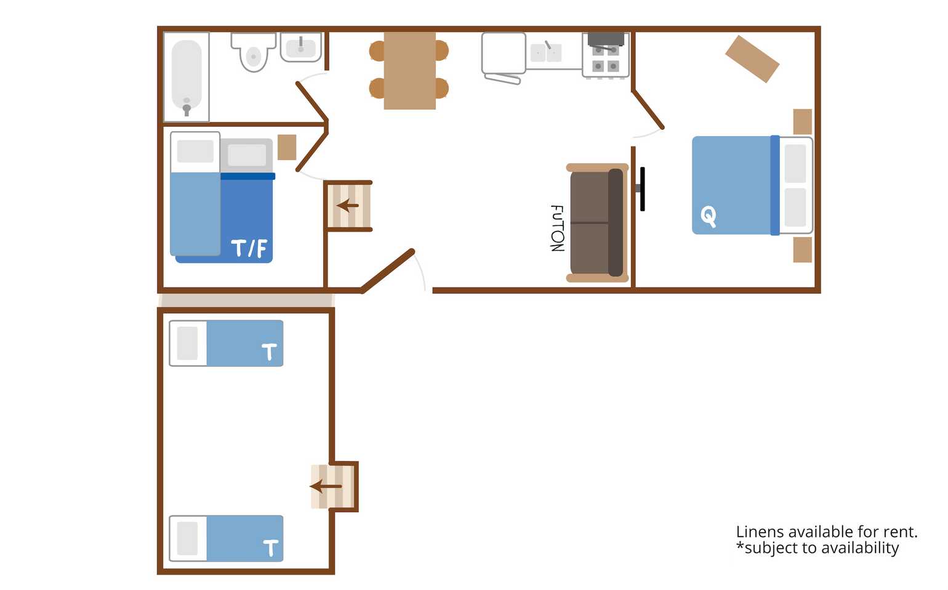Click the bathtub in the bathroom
(187, 77)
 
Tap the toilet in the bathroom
(254, 52)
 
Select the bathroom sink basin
(301, 47)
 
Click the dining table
(410, 71)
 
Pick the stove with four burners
(606, 55)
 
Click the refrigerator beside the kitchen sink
(504, 54)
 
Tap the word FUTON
(557, 228)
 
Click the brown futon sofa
(597, 223)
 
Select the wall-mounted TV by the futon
(641, 189)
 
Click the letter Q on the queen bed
(708, 216)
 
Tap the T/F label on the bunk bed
(249, 248)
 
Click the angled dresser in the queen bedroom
(752, 59)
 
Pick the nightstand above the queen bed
(803, 121)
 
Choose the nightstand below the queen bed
(803, 250)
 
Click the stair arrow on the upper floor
(347, 206)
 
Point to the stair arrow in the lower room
(326, 487)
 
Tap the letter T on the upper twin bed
(269, 352)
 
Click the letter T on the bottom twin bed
(270, 548)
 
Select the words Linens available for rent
(827, 531)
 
